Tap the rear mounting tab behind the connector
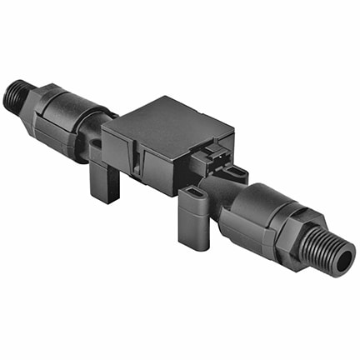(x=237, y=172)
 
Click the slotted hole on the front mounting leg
(x=192, y=199)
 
